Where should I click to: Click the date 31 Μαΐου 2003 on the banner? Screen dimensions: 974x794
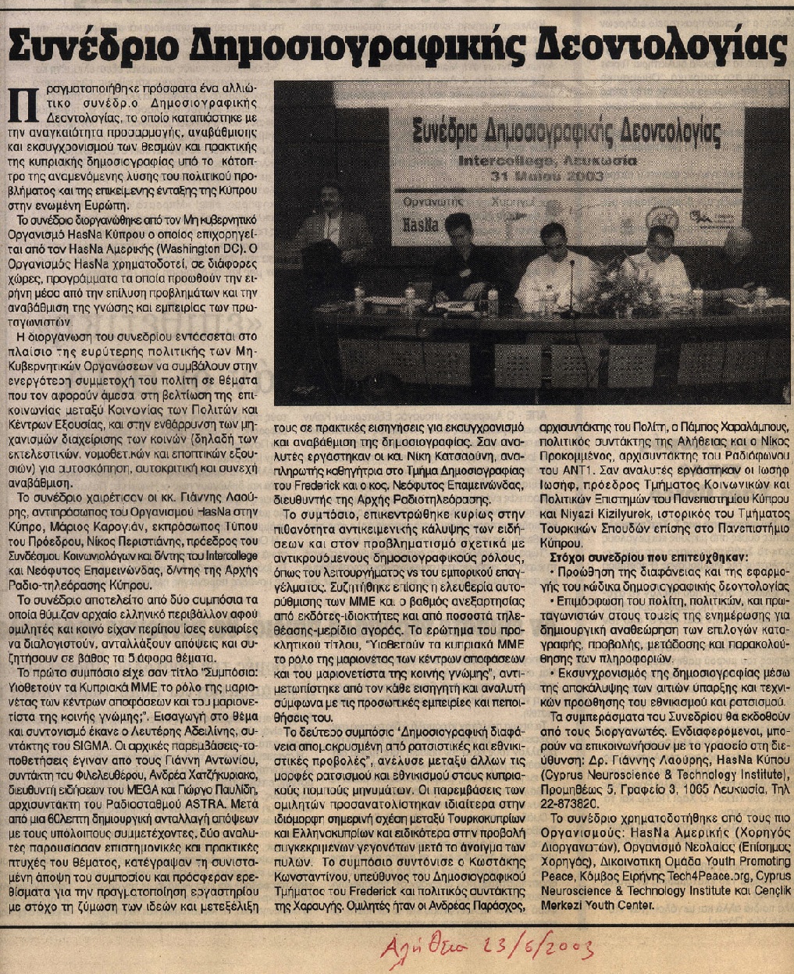coord(558,177)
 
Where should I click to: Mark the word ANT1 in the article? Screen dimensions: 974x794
coord(564,468)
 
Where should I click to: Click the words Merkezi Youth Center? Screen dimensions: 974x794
coord(599,905)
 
